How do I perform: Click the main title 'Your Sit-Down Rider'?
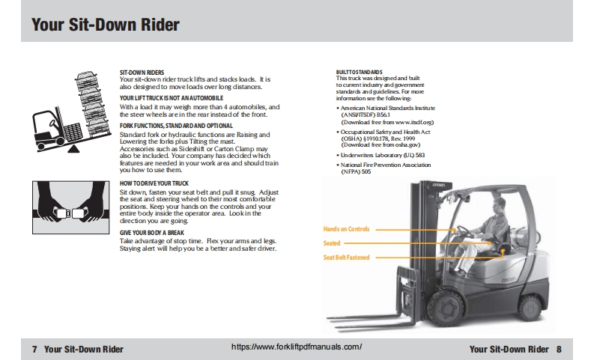(106, 24)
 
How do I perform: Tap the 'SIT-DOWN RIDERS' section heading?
(142, 73)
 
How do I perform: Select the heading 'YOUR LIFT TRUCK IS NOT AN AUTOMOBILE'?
(171, 99)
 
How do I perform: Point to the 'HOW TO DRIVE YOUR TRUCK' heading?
(154, 183)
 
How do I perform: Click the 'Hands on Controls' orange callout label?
(346, 229)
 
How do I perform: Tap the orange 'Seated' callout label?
(332, 243)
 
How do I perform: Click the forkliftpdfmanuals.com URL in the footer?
(297, 347)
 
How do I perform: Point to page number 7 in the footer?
(34, 349)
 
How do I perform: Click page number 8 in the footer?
(559, 349)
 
